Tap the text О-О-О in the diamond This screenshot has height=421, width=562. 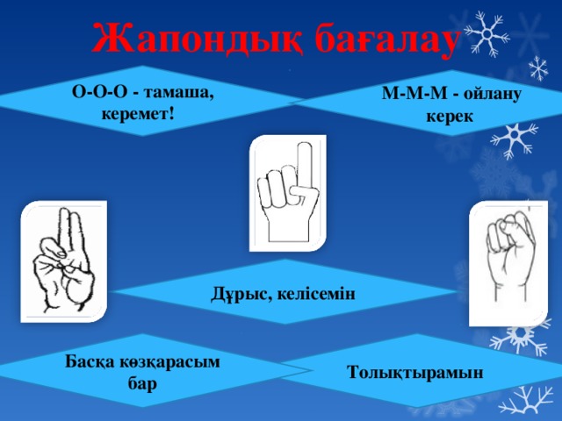(99, 92)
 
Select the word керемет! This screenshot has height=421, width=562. (138, 114)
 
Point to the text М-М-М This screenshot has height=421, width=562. (414, 94)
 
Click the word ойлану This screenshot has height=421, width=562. (492, 95)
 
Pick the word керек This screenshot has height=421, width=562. (450, 117)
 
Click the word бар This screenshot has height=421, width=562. (142, 384)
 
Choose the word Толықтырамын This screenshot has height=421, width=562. (415, 373)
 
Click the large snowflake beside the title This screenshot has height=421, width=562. (486, 34)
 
